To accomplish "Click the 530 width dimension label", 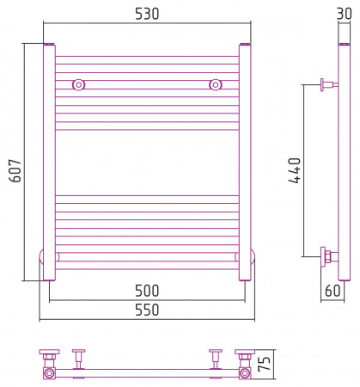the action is click(147, 14).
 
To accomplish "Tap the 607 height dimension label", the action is click(15, 171).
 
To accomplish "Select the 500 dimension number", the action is click(147, 291).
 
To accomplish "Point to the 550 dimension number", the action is click(147, 310).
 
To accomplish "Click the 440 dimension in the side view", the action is click(295, 170).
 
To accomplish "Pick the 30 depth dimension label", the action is click(344, 14).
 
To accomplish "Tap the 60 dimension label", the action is click(333, 291).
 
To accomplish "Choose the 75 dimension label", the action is click(264, 364).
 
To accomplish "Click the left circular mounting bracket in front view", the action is click(78, 84).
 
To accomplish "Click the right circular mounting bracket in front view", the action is click(216, 84).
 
